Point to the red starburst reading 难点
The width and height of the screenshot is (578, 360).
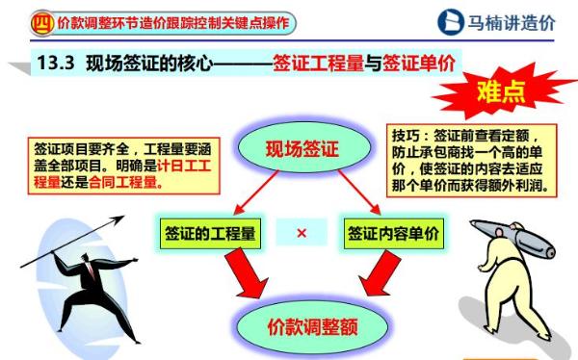501,93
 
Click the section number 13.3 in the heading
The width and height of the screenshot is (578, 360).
58,64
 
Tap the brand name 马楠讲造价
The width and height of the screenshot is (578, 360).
511,22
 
